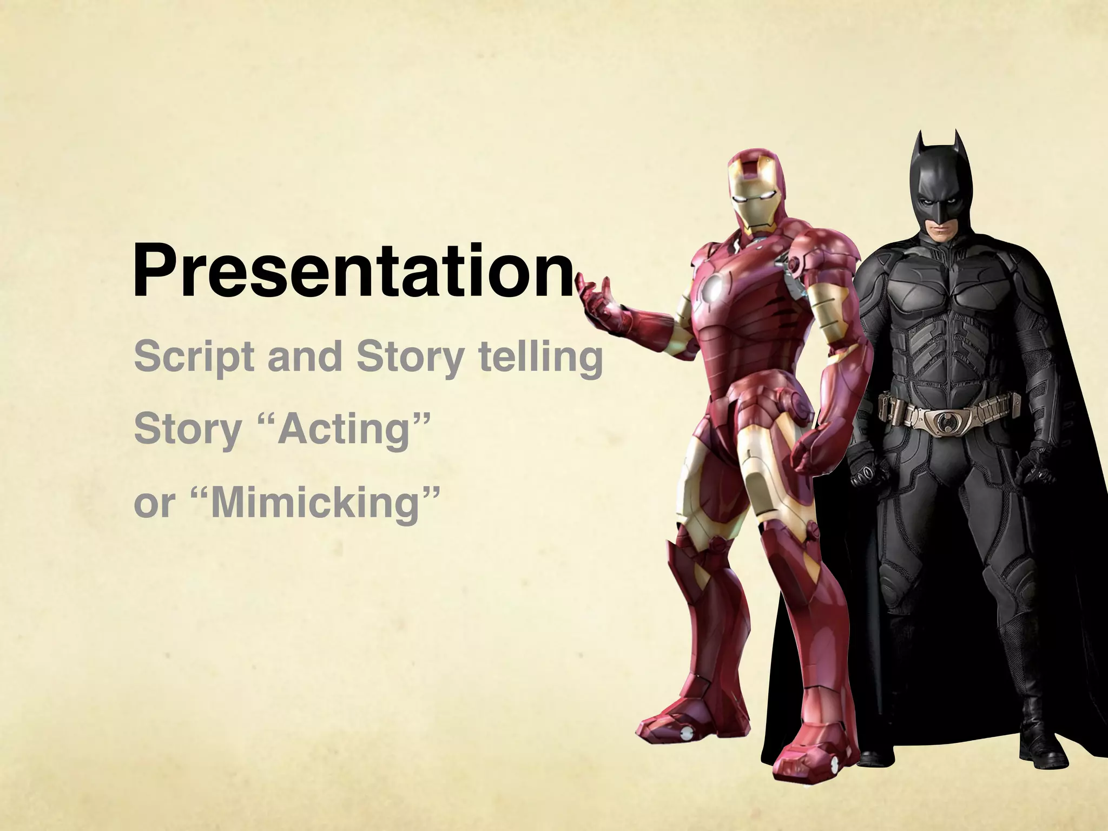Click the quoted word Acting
tap(346, 430)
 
